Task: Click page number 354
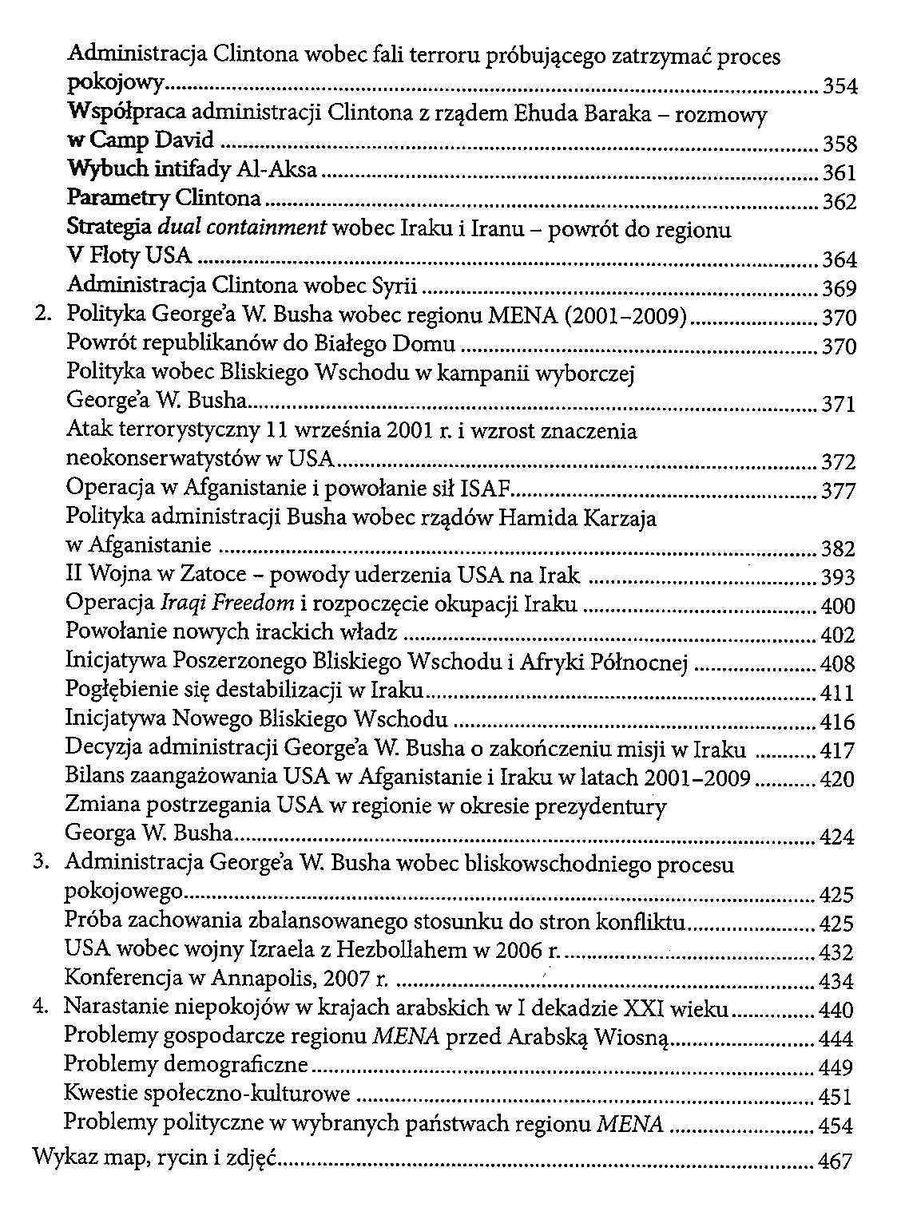pos(839,87)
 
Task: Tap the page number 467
pos(836,1162)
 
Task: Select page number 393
pos(839,577)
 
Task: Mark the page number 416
pos(838,722)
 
